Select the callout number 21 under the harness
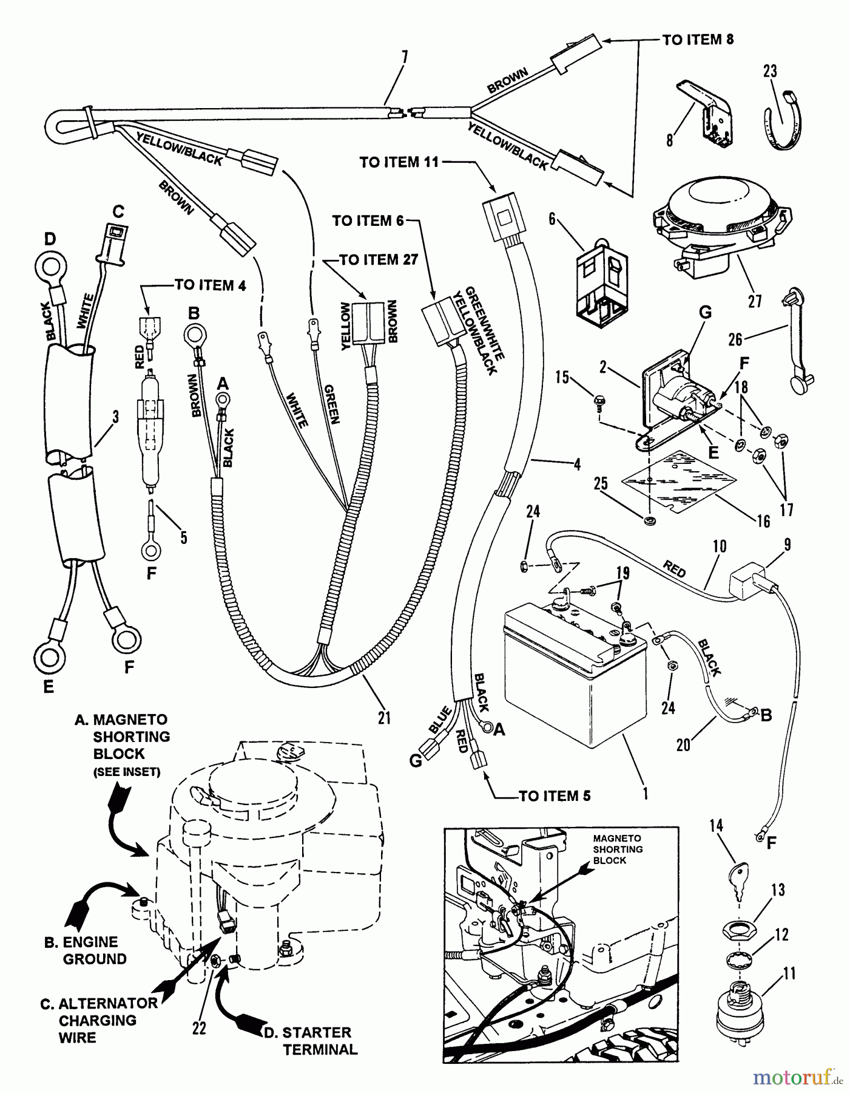coord(384,717)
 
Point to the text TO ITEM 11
coord(398,162)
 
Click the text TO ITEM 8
coord(697,40)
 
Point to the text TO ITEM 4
coord(210,285)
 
